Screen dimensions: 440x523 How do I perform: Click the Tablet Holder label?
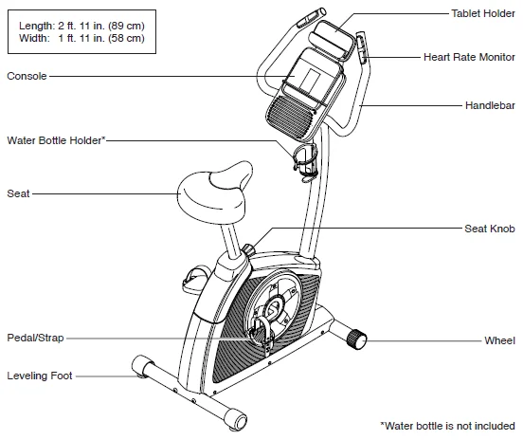(x=482, y=13)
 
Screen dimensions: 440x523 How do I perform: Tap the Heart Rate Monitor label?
(x=469, y=57)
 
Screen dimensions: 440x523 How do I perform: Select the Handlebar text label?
(x=490, y=104)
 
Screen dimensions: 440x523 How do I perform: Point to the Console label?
(x=27, y=75)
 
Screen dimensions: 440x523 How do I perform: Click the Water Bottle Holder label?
(x=56, y=139)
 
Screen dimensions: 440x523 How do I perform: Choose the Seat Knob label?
(x=489, y=229)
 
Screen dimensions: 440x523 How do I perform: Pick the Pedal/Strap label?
(x=36, y=337)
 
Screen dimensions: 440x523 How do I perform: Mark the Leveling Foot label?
(x=40, y=376)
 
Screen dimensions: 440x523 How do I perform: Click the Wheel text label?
(x=499, y=339)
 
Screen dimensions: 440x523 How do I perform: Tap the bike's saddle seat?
(x=209, y=191)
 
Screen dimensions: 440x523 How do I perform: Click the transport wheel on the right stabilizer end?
(x=358, y=338)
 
